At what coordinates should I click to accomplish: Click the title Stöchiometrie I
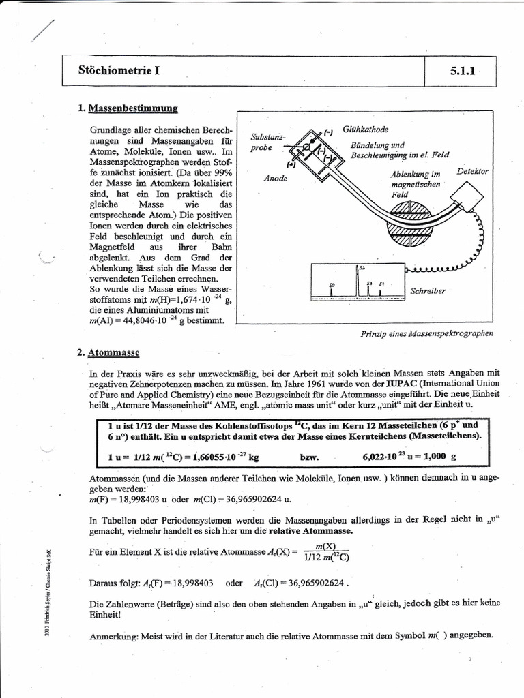tap(120, 70)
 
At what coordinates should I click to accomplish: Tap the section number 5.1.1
tap(461, 71)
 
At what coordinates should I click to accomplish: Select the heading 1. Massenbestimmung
tap(128, 108)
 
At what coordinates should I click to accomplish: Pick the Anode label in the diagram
tap(275, 179)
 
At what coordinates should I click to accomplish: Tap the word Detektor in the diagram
tap(473, 171)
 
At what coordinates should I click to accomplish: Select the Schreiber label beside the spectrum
tap(428, 291)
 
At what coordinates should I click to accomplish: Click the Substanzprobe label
tap(263, 142)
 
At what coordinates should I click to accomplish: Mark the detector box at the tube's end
tap(466, 198)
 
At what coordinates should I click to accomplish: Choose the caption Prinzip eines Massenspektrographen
tap(426, 333)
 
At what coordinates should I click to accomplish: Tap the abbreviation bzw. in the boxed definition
tap(310, 457)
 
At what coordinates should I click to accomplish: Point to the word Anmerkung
tap(113, 635)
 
